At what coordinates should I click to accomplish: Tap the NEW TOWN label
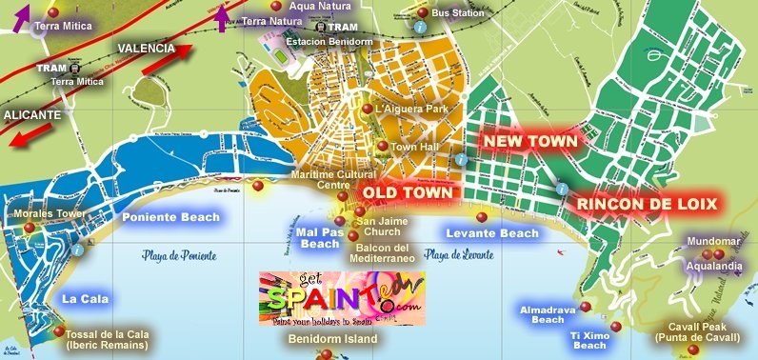tap(530, 141)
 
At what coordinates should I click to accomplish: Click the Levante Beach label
tap(492, 232)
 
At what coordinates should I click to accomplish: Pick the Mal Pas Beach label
tap(318, 237)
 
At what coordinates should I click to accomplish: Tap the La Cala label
tap(85, 298)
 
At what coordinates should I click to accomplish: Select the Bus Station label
tap(457, 13)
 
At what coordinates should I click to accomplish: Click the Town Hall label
tap(413, 148)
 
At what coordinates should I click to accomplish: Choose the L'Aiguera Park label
tap(411, 110)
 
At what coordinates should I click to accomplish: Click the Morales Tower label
tap(46, 214)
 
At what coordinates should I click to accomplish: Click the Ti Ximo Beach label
tap(588, 340)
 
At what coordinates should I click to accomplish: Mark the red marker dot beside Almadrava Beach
tap(586, 306)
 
